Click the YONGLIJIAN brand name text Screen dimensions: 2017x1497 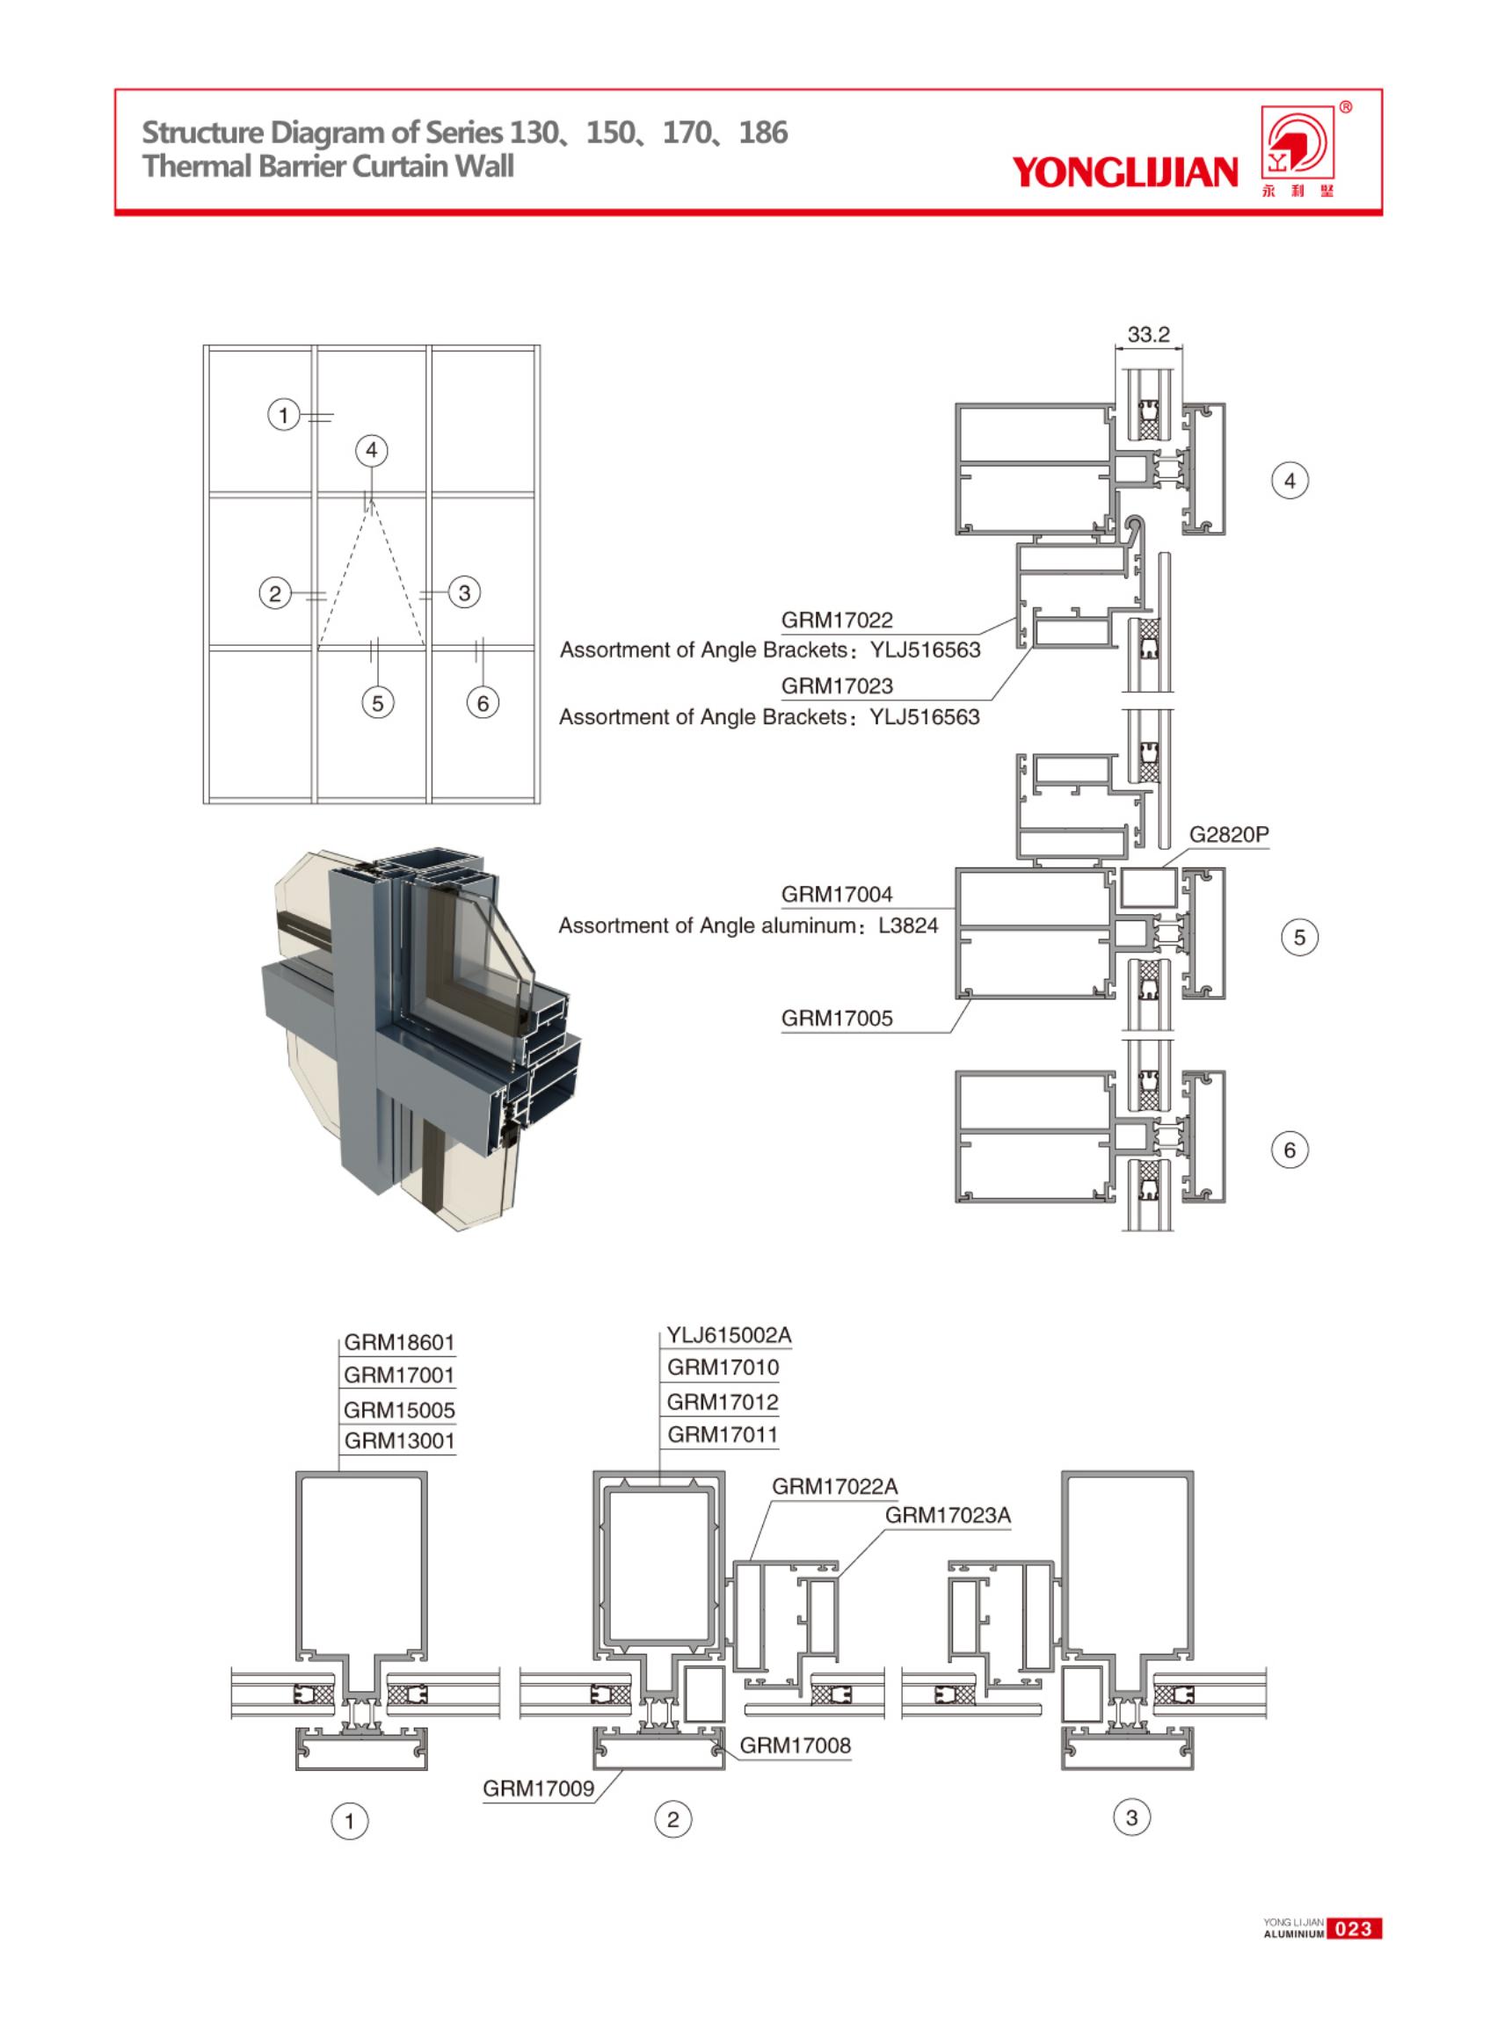(1124, 171)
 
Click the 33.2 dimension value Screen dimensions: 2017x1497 (1147, 333)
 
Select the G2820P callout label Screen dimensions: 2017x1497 (1228, 835)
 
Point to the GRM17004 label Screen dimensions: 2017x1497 (836, 895)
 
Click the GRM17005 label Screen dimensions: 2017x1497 (836, 1019)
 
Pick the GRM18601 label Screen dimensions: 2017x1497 (399, 1342)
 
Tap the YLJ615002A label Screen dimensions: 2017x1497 (729, 1335)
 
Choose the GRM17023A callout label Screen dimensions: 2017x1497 (947, 1515)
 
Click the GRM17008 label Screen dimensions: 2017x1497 (795, 1745)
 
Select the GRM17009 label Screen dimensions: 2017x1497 (538, 1788)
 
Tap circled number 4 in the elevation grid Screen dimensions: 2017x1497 (371, 450)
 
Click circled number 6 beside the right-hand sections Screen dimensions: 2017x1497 (1290, 1150)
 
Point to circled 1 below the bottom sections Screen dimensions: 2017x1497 (350, 1819)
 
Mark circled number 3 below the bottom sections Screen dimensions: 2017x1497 (1131, 1817)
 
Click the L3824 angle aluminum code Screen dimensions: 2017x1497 (908, 925)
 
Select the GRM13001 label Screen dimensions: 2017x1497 (399, 1440)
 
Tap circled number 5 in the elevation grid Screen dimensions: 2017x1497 (378, 702)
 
